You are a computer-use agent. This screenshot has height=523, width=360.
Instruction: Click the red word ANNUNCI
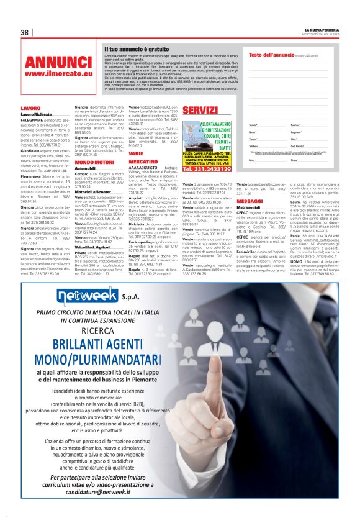(x=58, y=62)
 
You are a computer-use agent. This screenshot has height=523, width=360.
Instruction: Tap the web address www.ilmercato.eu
(x=58, y=74)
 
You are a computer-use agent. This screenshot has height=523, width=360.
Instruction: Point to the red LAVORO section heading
(x=30, y=108)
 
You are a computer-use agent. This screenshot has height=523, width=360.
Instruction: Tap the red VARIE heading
(x=136, y=153)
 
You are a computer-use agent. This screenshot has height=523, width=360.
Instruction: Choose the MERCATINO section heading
(x=143, y=161)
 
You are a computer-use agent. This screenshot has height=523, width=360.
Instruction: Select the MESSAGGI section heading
(x=250, y=202)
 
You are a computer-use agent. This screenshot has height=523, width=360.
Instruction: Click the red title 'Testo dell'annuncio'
(x=271, y=55)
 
